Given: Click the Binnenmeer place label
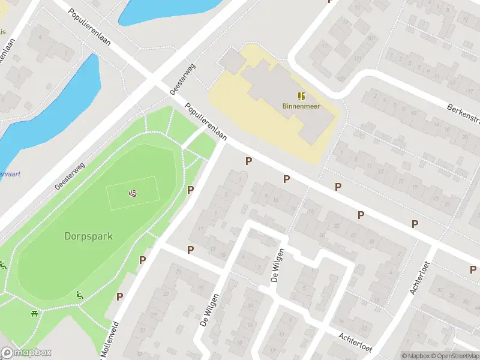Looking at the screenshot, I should coord(301,106).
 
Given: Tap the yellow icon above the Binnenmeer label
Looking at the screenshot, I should coord(301,95).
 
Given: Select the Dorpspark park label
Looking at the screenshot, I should coord(88,236).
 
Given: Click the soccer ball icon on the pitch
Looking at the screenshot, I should coord(132,193).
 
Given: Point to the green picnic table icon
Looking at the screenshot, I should coord(34,313).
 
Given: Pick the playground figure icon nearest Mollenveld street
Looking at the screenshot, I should coord(80,295).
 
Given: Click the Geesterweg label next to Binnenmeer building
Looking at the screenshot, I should coord(182,79).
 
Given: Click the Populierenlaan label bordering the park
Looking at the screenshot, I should coord(206,122).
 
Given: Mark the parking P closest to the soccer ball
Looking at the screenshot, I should coord(191,190).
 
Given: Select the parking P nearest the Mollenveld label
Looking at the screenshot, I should coord(120,296).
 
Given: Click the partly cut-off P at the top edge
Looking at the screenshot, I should coord(329,2).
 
